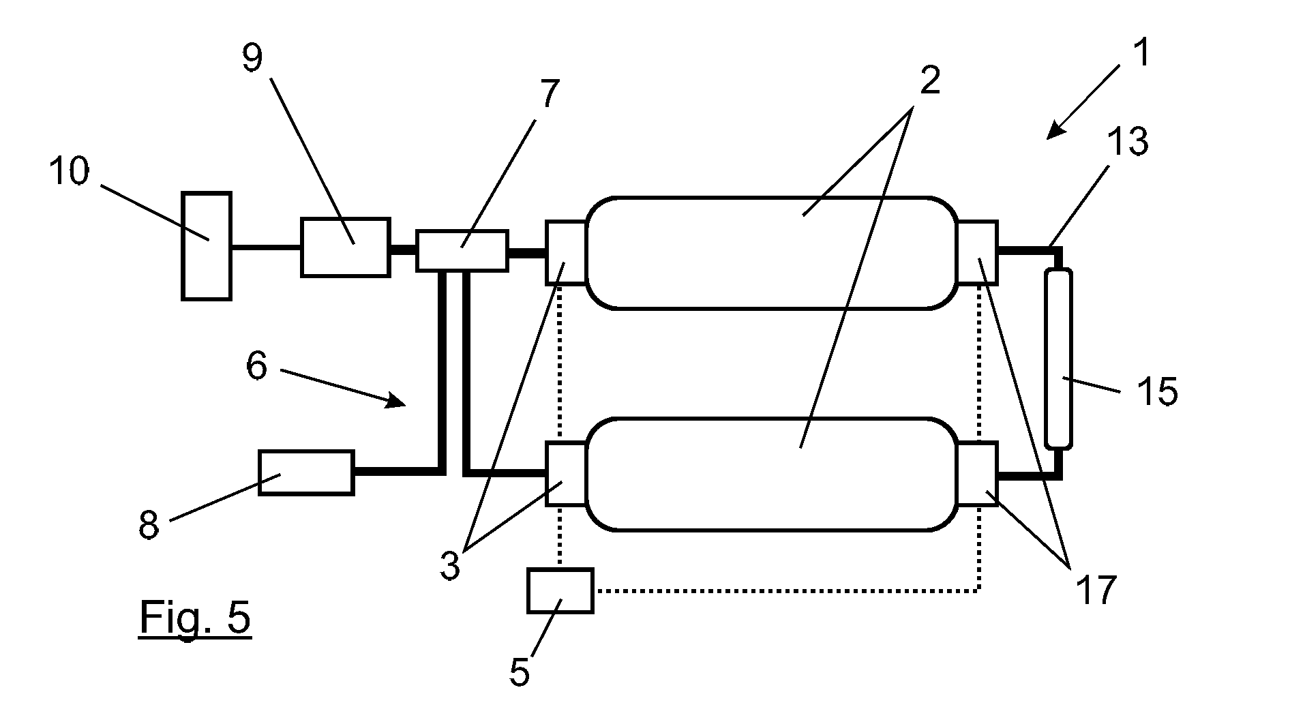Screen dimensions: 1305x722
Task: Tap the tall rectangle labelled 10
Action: coord(207,245)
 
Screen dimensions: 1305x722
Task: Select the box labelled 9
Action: coord(346,247)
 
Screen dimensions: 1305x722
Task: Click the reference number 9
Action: coord(252,59)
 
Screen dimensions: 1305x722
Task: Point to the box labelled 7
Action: coord(462,251)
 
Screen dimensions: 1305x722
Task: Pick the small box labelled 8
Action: coord(307,472)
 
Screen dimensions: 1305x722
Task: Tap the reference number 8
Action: coord(149,526)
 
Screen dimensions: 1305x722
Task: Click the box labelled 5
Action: coord(560,590)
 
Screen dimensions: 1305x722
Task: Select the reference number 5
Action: coord(520,672)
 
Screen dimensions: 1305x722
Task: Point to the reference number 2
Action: coord(929,81)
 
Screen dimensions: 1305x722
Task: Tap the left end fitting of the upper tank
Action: coord(566,252)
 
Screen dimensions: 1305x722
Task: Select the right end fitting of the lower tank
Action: coord(978,474)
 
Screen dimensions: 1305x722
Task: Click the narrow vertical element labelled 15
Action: coord(1058,359)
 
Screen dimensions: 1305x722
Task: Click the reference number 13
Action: coord(1128,142)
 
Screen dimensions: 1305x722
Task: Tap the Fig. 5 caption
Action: coord(195,619)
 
